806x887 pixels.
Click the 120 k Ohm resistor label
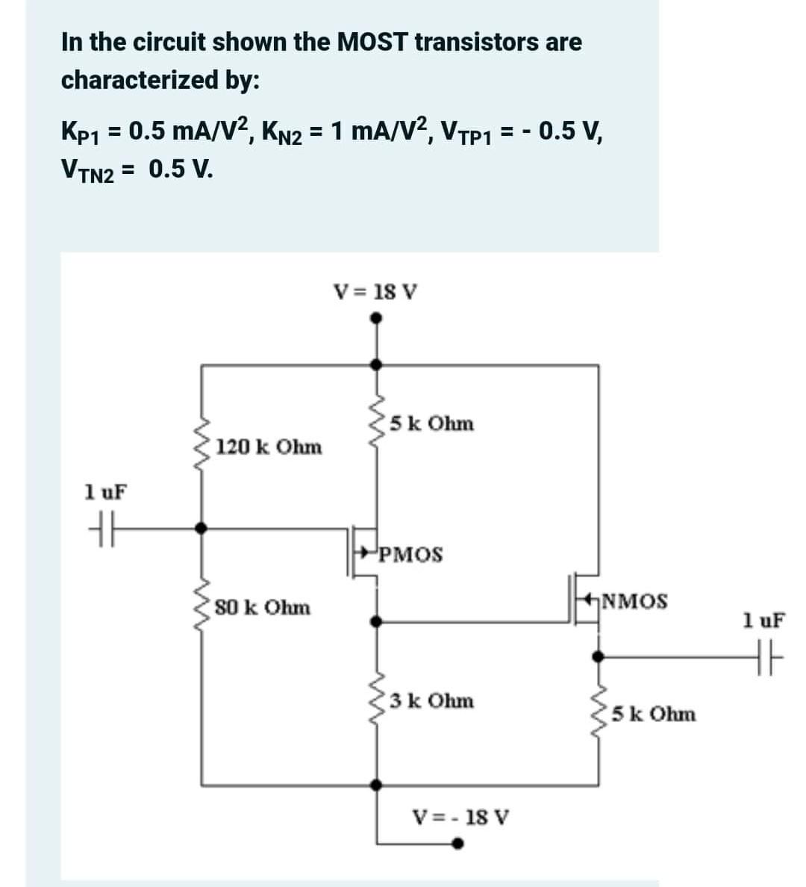(269, 447)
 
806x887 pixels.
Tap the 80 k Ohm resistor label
(263, 607)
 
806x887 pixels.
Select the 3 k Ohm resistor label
(431, 701)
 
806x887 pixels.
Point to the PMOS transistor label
(410, 555)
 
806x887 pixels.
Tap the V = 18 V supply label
(376, 290)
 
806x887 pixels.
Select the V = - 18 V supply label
(461, 815)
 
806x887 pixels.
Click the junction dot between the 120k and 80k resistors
(200, 527)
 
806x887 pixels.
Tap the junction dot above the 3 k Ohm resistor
(378, 620)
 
